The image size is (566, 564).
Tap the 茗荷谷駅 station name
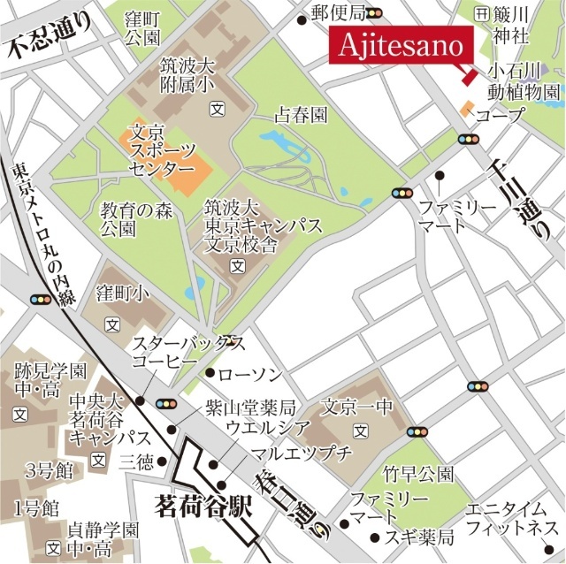[203, 507]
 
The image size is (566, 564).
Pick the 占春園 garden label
[301, 115]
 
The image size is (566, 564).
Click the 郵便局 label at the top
[339, 12]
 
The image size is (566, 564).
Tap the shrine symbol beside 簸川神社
[481, 14]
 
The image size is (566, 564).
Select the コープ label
[500, 115]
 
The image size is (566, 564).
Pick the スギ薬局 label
[422, 537]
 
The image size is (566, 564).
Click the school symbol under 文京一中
[360, 431]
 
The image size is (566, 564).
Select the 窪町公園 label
[141, 27]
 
